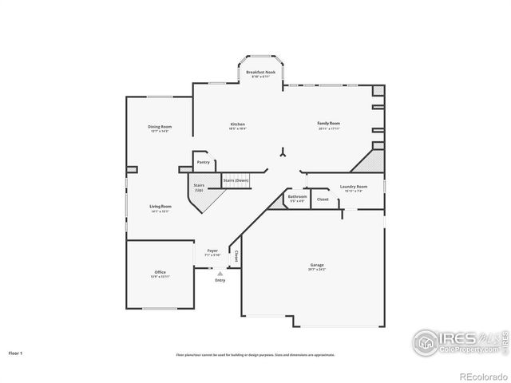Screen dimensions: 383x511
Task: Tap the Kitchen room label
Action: point(238,124)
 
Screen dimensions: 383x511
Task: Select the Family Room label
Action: point(328,124)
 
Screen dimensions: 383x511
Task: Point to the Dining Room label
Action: point(160,127)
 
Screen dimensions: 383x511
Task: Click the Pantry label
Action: point(204,162)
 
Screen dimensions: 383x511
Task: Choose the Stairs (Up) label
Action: point(199,188)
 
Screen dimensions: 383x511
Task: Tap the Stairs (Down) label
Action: point(236,180)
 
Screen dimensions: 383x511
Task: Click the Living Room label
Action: point(160,207)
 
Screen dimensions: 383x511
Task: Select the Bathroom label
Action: point(297,196)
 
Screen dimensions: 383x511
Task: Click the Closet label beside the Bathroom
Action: point(323,199)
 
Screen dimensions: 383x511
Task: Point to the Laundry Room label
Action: point(353,187)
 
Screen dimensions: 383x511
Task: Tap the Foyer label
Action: point(212,251)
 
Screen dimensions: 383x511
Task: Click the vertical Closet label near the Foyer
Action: point(236,256)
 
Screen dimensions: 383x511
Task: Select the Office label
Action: point(160,273)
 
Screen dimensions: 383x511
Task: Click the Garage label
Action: point(317,265)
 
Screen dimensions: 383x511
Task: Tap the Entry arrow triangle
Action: point(220,273)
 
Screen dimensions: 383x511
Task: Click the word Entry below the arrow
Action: point(220,280)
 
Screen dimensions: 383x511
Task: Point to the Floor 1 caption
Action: point(16,352)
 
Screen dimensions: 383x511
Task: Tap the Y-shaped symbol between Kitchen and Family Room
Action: point(282,153)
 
